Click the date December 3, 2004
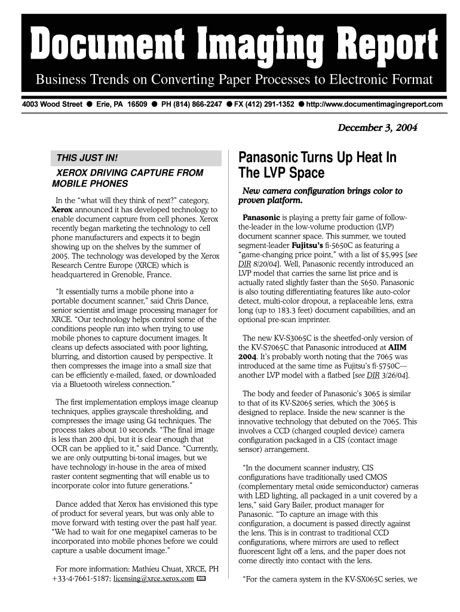click(x=377, y=128)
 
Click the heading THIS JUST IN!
click(x=87, y=158)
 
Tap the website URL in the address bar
click(x=375, y=105)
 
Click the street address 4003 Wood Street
click(x=52, y=105)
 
